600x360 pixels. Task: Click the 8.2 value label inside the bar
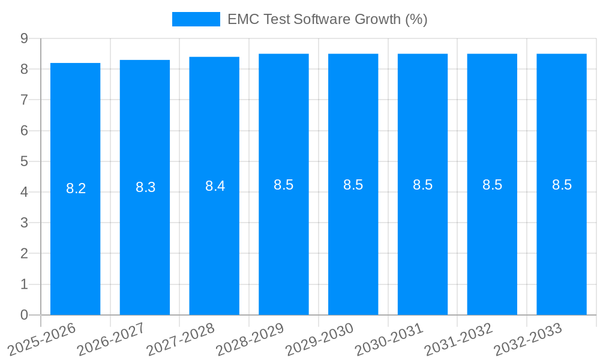(76, 188)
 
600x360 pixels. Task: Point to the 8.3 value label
(145, 187)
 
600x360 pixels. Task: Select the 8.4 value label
(215, 186)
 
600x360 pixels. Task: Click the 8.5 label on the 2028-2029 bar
(284, 185)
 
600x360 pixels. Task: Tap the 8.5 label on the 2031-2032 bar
(492, 185)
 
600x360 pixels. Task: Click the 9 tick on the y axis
(24, 38)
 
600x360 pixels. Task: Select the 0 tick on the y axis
(24, 315)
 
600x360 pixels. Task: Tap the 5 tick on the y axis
(24, 161)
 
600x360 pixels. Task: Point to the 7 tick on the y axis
(24, 100)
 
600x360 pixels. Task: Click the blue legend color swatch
(196, 19)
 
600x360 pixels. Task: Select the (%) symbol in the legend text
(416, 19)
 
